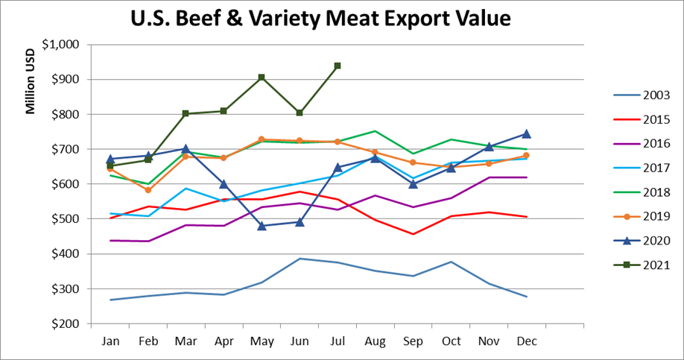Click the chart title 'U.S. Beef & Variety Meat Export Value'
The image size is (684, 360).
(x=320, y=17)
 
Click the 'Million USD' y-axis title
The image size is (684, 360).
(x=31, y=83)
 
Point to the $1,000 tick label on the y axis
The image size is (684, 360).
(x=61, y=45)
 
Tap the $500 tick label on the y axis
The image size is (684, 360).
(x=65, y=219)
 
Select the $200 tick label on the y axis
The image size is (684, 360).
(x=65, y=324)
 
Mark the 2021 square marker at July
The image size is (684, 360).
(x=338, y=66)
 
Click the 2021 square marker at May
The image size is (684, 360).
(x=262, y=78)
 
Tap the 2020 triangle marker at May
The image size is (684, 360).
(x=262, y=226)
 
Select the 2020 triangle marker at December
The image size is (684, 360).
(x=526, y=134)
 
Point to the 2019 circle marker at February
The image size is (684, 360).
(x=148, y=190)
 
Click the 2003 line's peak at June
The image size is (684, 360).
(x=300, y=259)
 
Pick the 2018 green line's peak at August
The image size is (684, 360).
(x=375, y=131)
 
